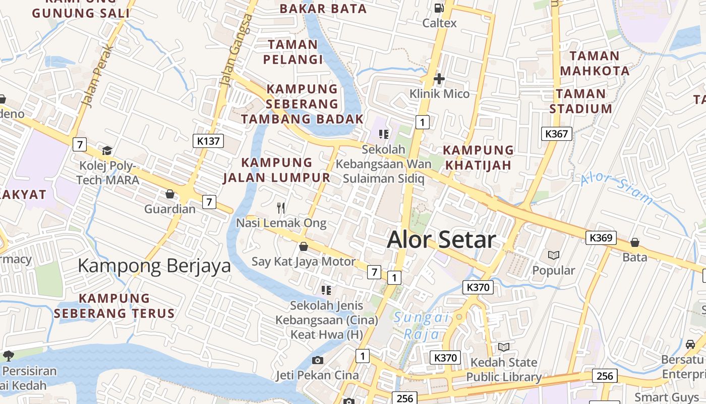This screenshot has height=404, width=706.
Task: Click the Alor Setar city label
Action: coord(441,240)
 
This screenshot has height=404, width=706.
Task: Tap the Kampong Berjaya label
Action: coord(154,266)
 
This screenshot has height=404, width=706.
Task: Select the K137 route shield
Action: coord(208,141)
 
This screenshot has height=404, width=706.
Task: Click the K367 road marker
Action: coord(557,134)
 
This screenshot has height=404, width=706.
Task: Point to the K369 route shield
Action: coord(601,238)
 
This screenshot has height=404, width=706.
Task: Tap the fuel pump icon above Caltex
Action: coord(439,8)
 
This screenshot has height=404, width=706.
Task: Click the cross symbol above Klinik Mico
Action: coord(439,79)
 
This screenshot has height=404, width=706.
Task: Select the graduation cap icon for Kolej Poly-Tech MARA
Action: coord(107,150)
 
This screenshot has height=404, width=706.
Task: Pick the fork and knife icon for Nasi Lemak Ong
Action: coord(281,208)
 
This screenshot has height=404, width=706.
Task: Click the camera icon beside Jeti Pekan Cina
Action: coord(318,360)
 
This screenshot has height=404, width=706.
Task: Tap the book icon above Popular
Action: coord(554,256)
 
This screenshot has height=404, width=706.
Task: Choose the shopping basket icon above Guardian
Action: coord(170,194)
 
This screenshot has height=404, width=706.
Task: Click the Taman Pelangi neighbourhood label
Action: coord(293,52)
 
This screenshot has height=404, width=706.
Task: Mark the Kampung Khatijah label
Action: coord(478,158)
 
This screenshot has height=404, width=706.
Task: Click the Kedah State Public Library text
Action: coord(503,370)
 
